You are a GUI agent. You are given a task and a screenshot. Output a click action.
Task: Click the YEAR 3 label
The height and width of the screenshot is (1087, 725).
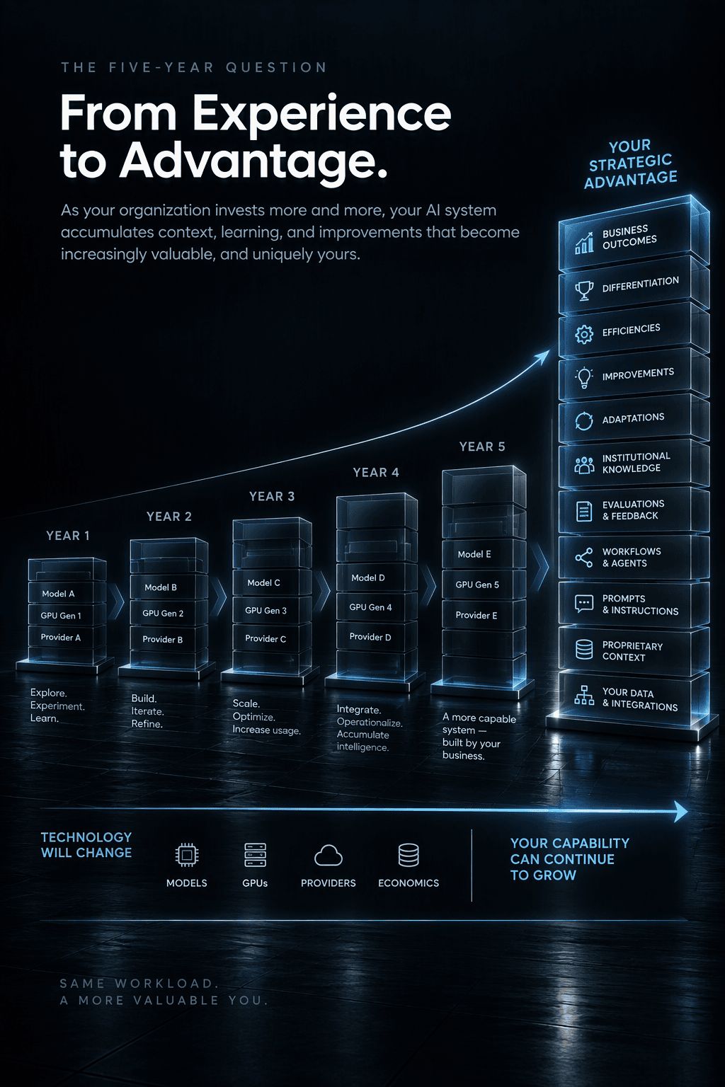272,496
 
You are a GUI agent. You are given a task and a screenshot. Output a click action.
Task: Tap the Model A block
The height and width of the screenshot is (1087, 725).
67,593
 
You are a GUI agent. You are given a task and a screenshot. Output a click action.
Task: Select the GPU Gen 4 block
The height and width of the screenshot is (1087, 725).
377,607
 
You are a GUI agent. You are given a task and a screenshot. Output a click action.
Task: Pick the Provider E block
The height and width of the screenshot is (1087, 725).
484,615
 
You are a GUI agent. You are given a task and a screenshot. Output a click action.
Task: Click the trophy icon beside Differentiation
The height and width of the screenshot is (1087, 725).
584,291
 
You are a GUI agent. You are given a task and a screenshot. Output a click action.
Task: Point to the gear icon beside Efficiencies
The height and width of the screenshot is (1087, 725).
584,334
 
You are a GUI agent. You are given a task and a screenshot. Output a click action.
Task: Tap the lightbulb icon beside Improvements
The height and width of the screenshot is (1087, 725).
584,377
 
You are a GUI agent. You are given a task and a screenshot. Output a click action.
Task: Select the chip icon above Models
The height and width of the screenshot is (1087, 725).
187,855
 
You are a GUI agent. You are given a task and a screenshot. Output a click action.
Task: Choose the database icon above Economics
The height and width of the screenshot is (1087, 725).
409,855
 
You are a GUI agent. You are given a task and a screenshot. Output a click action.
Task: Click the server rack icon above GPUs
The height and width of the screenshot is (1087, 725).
255,855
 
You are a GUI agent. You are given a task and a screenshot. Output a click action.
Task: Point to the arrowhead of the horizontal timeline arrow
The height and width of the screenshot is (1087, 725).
681,812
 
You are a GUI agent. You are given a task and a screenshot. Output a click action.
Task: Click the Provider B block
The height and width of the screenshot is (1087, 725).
169,639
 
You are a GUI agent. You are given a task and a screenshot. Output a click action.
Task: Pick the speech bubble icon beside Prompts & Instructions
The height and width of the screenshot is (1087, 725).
584,604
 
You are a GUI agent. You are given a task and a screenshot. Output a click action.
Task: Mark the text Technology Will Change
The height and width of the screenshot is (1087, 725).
86,845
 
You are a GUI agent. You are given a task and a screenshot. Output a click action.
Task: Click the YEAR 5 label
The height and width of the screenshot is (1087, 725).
482,447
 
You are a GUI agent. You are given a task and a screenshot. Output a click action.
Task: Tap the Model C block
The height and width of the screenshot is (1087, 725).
272,582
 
